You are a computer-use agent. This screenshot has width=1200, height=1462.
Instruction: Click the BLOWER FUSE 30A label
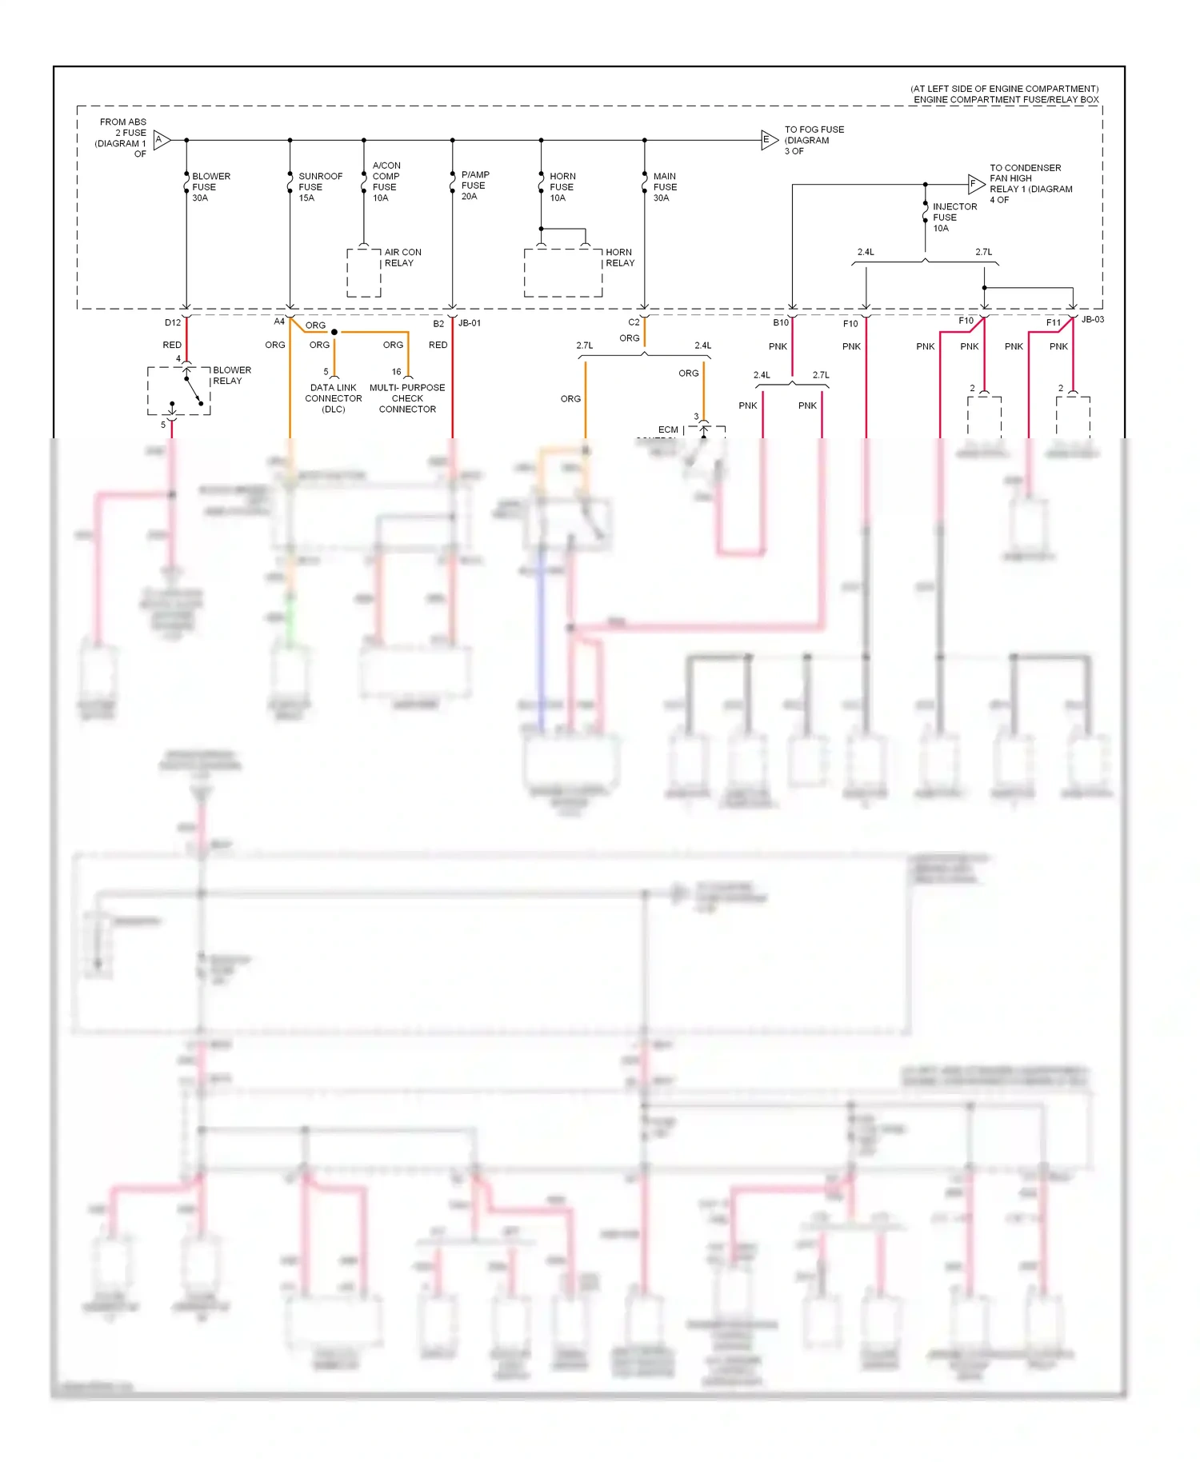(210, 187)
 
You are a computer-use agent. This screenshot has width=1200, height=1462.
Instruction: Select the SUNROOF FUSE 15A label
(319, 187)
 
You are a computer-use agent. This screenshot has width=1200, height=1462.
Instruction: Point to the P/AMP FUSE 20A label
(474, 186)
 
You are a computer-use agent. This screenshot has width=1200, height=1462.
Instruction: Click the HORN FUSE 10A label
(562, 187)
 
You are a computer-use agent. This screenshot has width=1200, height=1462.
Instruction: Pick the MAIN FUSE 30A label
(664, 187)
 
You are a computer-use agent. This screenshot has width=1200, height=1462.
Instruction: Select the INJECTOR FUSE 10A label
(954, 218)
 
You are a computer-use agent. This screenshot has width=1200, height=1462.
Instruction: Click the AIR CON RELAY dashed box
(364, 273)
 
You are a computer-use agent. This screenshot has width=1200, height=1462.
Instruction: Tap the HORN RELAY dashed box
(563, 273)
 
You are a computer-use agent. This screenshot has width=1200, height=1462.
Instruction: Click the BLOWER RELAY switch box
(179, 391)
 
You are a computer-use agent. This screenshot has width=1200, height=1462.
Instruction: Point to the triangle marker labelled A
(161, 140)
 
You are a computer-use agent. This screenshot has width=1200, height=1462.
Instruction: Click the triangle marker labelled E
(768, 140)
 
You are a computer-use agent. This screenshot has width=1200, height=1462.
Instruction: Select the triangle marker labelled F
(975, 184)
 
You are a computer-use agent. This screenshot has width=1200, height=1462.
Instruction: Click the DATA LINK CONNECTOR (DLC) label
(334, 398)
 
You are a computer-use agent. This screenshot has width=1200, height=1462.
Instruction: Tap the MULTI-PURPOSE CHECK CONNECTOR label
(407, 398)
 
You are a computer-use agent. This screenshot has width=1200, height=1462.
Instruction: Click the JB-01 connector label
(470, 323)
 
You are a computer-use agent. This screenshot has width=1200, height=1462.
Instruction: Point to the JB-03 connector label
(1092, 320)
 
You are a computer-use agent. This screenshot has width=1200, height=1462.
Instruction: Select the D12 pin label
(173, 323)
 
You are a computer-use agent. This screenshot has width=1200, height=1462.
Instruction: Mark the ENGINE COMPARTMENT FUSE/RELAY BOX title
(1006, 100)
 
